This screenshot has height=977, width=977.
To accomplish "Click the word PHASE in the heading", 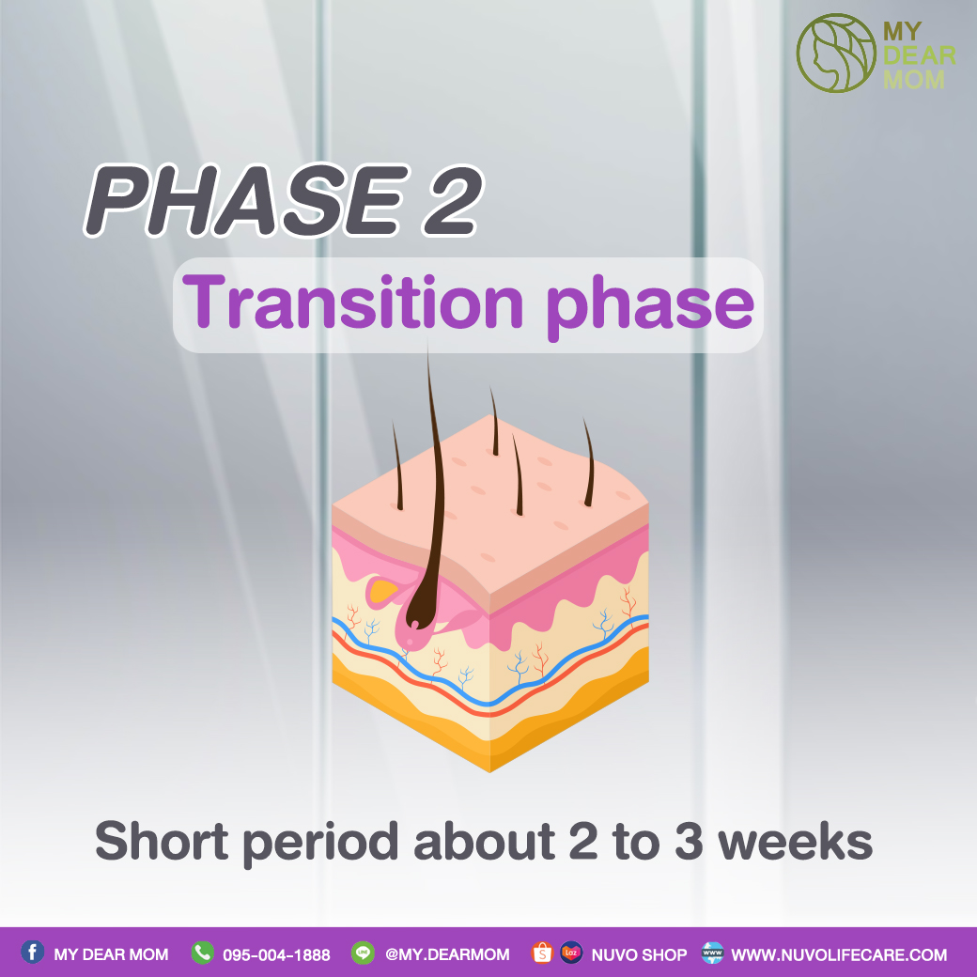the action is (245, 200).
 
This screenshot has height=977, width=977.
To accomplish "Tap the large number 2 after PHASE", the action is (453, 200).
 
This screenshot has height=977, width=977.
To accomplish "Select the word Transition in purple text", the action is (352, 302).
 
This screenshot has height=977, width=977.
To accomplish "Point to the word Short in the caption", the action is (162, 841).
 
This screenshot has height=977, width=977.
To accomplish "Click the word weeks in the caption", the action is (795, 841).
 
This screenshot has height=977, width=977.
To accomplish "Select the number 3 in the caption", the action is (689, 842).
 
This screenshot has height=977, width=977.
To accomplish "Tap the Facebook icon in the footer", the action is (32, 952).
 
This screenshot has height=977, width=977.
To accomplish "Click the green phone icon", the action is (203, 953).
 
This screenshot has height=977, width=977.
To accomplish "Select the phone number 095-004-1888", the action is (276, 954).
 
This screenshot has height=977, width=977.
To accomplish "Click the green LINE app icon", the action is (363, 953).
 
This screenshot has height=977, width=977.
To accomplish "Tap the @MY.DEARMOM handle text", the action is (447, 954).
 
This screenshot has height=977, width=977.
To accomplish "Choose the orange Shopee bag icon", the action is (542, 953).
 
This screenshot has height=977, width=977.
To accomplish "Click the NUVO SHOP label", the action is (639, 954).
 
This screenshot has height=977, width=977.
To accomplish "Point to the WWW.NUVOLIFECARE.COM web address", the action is (839, 954).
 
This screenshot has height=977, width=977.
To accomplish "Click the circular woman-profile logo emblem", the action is (836, 54).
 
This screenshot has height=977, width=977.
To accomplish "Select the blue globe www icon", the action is (712, 953).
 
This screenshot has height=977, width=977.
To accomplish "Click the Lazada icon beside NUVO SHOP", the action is (571, 953).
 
